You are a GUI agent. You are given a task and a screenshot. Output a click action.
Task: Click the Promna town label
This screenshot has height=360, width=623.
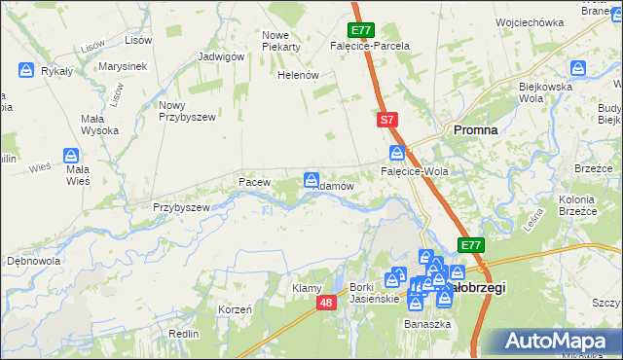(x=475, y=128)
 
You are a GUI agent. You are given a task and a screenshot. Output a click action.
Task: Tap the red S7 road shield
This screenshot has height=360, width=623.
(x=386, y=119)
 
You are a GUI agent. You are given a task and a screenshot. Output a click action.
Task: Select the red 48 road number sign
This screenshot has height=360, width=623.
(x=326, y=304)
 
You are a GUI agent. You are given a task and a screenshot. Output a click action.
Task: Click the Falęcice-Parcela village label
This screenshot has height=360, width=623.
(x=370, y=46)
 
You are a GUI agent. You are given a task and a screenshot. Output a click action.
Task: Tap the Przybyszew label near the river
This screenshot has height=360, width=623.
(x=181, y=207)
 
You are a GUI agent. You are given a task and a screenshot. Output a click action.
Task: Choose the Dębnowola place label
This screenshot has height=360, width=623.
(x=34, y=261)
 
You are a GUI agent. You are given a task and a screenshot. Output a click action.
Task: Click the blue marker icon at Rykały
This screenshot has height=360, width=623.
(x=26, y=70)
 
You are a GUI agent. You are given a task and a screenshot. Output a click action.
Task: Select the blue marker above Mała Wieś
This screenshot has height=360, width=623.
(x=71, y=156)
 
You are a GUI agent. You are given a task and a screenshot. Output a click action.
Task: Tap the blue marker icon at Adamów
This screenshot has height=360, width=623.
(x=311, y=179)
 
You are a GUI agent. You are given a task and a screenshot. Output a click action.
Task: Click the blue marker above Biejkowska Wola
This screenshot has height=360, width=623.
(x=578, y=68)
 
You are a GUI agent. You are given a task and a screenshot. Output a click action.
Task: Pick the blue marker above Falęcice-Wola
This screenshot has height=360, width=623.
(x=397, y=153)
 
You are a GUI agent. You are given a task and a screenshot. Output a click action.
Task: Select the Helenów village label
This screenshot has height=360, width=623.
(x=299, y=75)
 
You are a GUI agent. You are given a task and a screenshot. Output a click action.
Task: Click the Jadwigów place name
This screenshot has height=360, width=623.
(x=220, y=56)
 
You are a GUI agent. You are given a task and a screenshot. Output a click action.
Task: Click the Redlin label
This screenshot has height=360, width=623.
(x=184, y=333)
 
